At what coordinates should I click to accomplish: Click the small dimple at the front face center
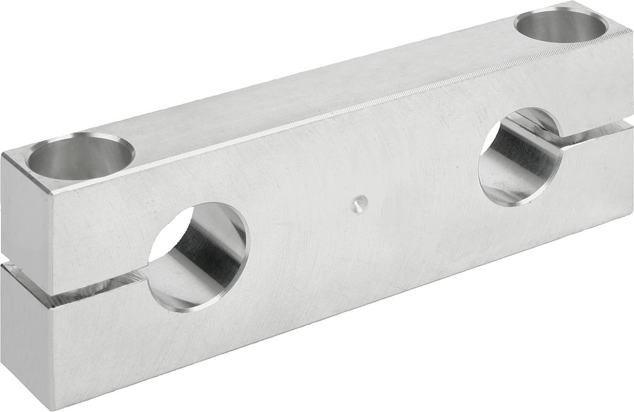[359, 204]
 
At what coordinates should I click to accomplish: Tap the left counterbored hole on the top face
[81, 157]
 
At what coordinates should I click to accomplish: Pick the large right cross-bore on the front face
[520, 157]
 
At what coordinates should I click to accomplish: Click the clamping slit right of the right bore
[597, 135]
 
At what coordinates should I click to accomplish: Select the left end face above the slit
[26, 212]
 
